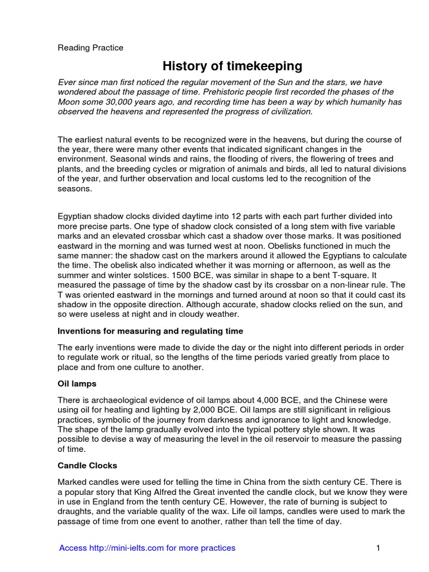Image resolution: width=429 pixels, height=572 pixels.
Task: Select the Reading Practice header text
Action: (90, 48)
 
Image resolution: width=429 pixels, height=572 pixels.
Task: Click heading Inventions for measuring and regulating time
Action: (150, 331)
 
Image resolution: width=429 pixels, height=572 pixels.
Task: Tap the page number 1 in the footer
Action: (378, 548)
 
